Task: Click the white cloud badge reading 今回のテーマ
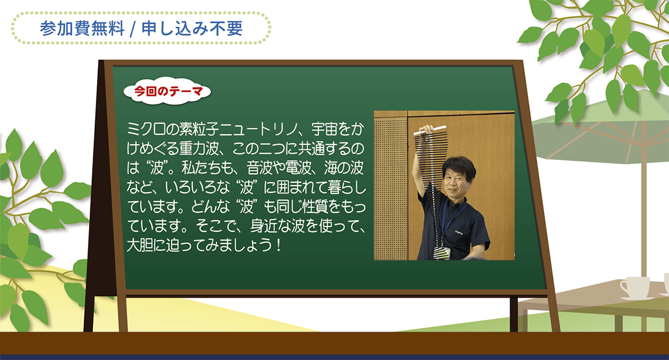point(167,91)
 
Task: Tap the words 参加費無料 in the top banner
point(82,28)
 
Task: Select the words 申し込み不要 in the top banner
point(192,28)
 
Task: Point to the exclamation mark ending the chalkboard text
point(278,245)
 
